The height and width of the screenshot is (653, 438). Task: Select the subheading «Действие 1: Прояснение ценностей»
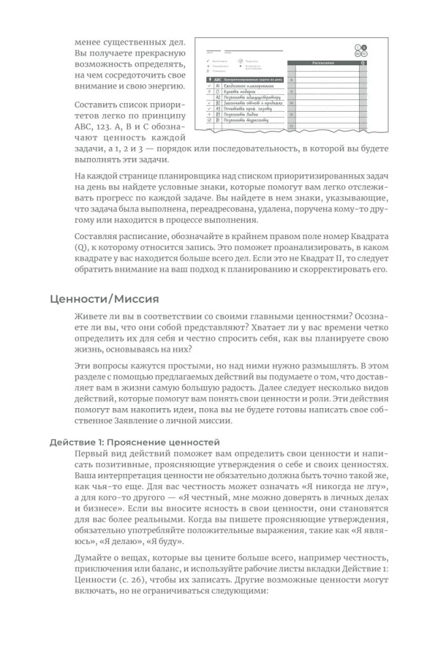click(134, 442)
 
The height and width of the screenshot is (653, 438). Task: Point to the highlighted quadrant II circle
click(364, 48)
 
